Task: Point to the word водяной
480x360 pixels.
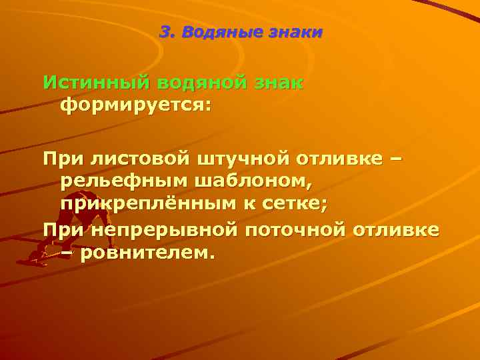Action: [205, 84]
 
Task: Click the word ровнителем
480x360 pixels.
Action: [147, 253]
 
